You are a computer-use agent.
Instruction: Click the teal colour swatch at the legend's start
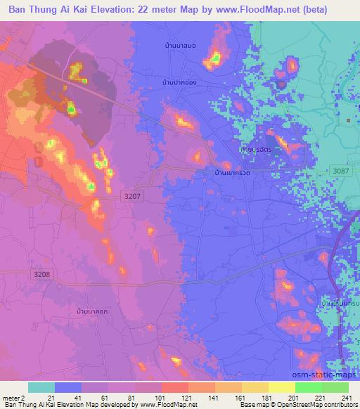(x=41, y=387)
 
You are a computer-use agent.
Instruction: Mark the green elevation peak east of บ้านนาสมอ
(x=217, y=57)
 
